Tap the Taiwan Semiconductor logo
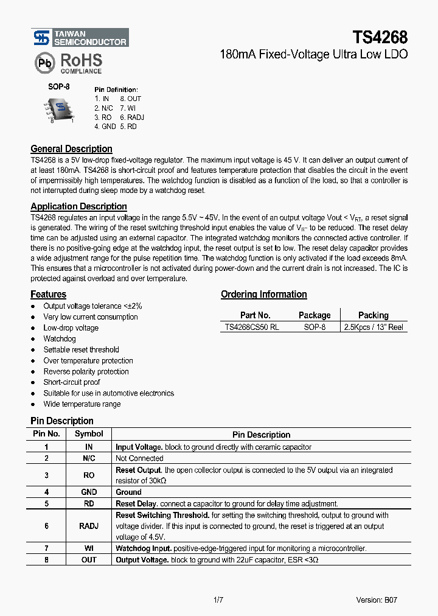(x=80, y=38)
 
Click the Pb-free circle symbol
(x=44, y=63)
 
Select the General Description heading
(x=71, y=149)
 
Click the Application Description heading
(x=78, y=206)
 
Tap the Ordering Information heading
(x=263, y=295)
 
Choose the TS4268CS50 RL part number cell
(x=252, y=327)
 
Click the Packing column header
(x=373, y=315)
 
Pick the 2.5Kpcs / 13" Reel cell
(x=374, y=327)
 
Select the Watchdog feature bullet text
(x=60, y=338)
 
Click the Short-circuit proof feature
(x=72, y=382)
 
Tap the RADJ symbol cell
(x=89, y=526)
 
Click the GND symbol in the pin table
(x=89, y=492)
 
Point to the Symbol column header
(x=89, y=434)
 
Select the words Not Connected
(x=139, y=458)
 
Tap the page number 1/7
(x=218, y=600)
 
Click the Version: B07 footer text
(x=377, y=600)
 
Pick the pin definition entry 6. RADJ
(x=132, y=117)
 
